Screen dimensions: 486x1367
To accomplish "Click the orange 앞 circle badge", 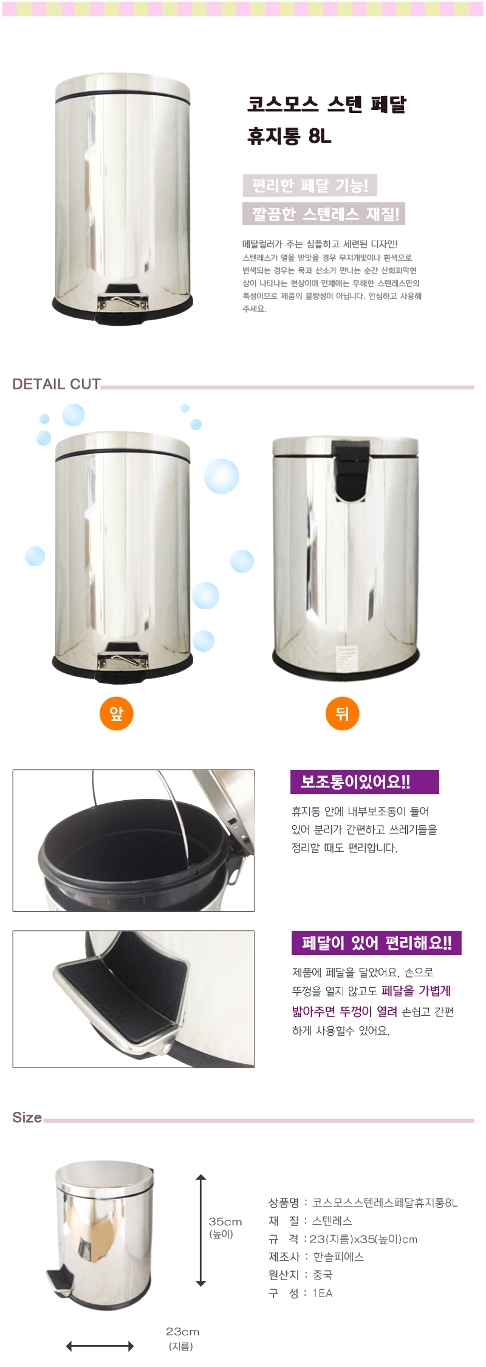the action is point(116,713).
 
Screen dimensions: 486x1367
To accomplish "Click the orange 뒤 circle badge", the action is point(343,713).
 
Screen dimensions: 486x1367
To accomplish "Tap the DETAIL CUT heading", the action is point(56,384).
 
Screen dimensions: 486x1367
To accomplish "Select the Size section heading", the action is point(27,1117).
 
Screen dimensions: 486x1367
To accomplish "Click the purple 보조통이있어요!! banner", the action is point(364,782).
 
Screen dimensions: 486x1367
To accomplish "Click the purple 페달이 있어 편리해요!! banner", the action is point(377,943).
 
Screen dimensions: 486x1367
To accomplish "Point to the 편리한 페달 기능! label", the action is point(310,185).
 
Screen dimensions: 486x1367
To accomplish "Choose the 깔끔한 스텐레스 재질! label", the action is point(324,214).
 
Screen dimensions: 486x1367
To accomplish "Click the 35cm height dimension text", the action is point(225,1221).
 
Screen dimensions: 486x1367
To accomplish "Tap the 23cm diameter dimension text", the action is point(183,1331).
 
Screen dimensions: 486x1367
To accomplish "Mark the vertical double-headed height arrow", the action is point(201,1230).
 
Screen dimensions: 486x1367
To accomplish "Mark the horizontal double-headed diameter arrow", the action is point(100,1346).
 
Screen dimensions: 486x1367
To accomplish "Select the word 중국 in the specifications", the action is point(323,1275).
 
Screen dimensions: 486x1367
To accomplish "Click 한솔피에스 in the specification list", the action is point(338,1256).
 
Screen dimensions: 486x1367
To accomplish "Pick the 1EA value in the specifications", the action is point(323,1293).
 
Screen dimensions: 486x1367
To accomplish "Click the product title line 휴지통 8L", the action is point(289,135).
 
